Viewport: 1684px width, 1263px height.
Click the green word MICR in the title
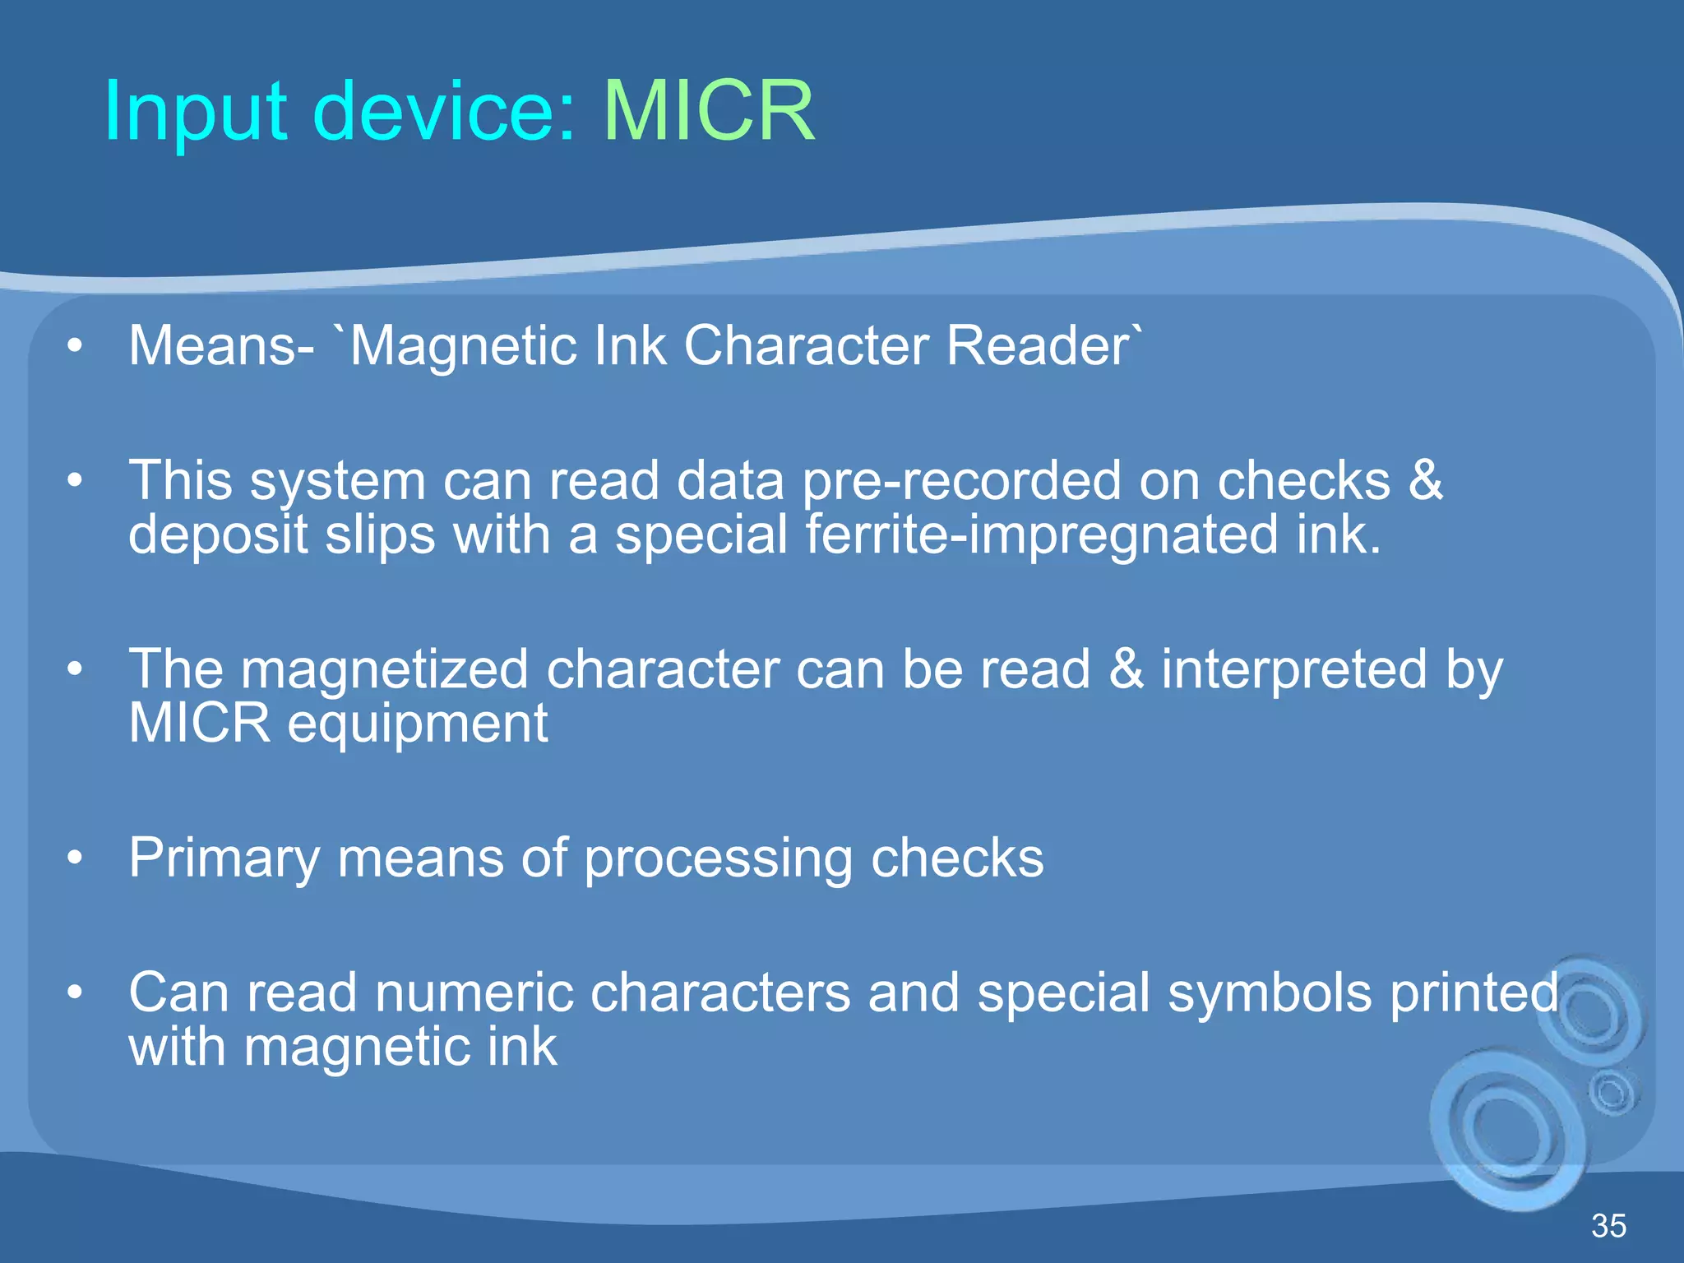[709, 111]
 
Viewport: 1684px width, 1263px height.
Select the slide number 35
[1608, 1226]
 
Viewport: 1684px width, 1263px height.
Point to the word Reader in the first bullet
[1038, 345]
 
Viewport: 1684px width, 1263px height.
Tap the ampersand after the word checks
[1425, 481]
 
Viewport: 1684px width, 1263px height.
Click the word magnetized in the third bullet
[384, 669]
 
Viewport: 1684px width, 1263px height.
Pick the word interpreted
[1294, 669]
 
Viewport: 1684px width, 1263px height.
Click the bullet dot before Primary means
[76, 858]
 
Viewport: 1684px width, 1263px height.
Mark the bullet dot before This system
[76, 480]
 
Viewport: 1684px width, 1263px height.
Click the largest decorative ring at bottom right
[1509, 1131]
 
